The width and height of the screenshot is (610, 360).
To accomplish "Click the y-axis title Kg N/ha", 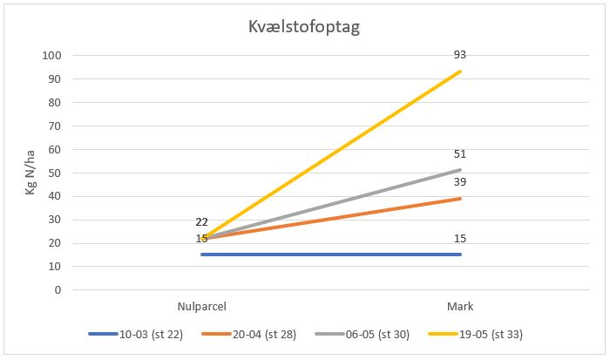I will click(32, 173).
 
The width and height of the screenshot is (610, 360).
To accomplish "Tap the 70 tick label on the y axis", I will click(53, 126).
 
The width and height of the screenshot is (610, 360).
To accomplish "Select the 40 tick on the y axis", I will click(53, 196).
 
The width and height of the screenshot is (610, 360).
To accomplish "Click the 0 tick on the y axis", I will click(57, 290).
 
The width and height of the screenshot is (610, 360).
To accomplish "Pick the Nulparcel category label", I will click(201, 306).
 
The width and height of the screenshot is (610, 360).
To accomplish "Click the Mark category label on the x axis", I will click(460, 306).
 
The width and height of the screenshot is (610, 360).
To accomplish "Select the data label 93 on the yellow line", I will click(460, 55).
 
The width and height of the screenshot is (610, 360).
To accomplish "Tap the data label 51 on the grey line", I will click(460, 154).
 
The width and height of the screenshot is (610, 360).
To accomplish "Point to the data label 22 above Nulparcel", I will click(201, 221).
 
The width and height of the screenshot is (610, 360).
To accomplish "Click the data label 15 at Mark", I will click(460, 239).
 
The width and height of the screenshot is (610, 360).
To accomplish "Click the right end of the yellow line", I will click(460, 71).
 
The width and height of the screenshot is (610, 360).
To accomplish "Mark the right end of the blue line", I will click(460, 255).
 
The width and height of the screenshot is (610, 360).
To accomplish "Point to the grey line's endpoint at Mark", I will click(460, 170).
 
